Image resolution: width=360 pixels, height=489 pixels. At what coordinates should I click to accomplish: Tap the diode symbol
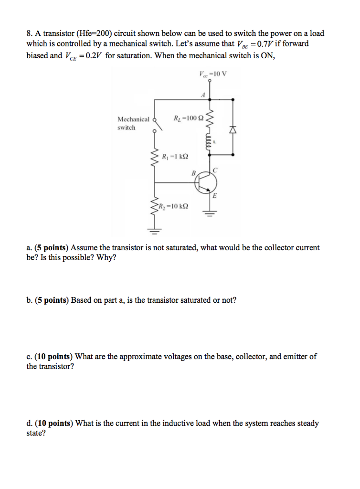[x=233, y=128]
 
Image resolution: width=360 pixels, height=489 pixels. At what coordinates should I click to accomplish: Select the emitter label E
[x=214, y=195]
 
